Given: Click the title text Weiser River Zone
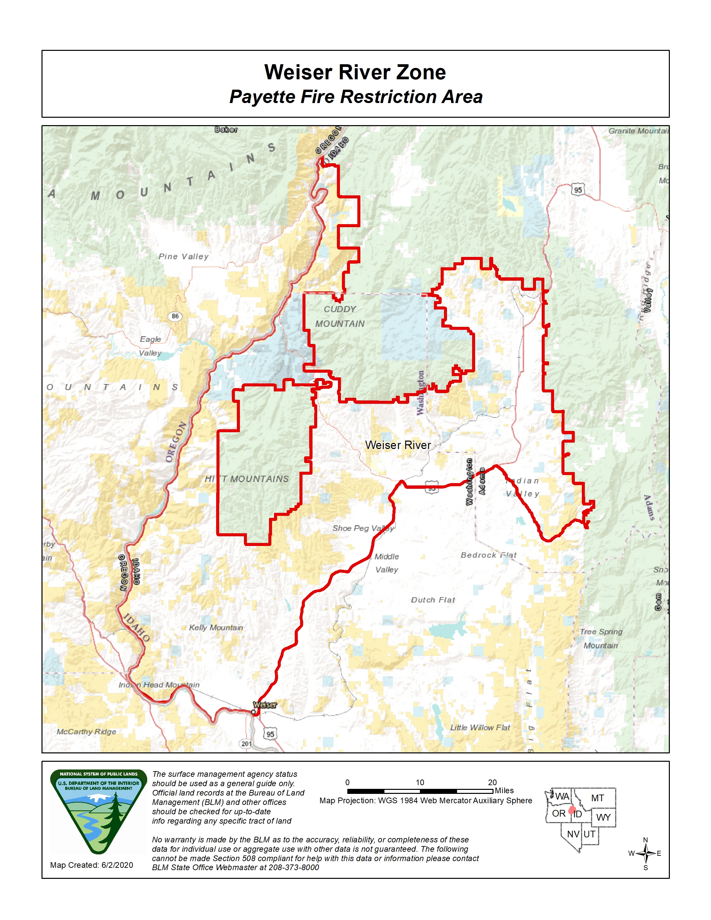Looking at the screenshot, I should pyautogui.click(x=355, y=72).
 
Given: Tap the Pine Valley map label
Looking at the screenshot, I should pyautogui.click(x=183, y=256).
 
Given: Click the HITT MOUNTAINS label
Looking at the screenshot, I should pyautogui.click(x=247, y=479).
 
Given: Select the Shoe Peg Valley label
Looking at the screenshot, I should pyautogui.click(x=363, y=528).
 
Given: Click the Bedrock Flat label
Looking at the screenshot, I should pyautogui.click(x=488, y=555).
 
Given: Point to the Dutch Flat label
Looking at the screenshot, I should pyautogui.click(x=433, y=600).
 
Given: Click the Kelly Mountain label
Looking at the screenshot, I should pyautogui.click(x=216, y=628).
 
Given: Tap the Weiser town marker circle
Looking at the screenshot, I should pyautogui.click(x=253, y=712).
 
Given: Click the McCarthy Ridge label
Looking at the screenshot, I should pyautogui.click(x=86, y=732).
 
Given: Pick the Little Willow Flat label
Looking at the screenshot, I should pyautogui.click(x=480, y=728).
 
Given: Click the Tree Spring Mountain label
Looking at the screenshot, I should pyautogui.click(x=601, y=639).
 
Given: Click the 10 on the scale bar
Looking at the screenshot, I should pyautogui.click(x=420, y=782).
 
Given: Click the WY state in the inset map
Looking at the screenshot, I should pyautogui.click(x=603, y=817).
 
